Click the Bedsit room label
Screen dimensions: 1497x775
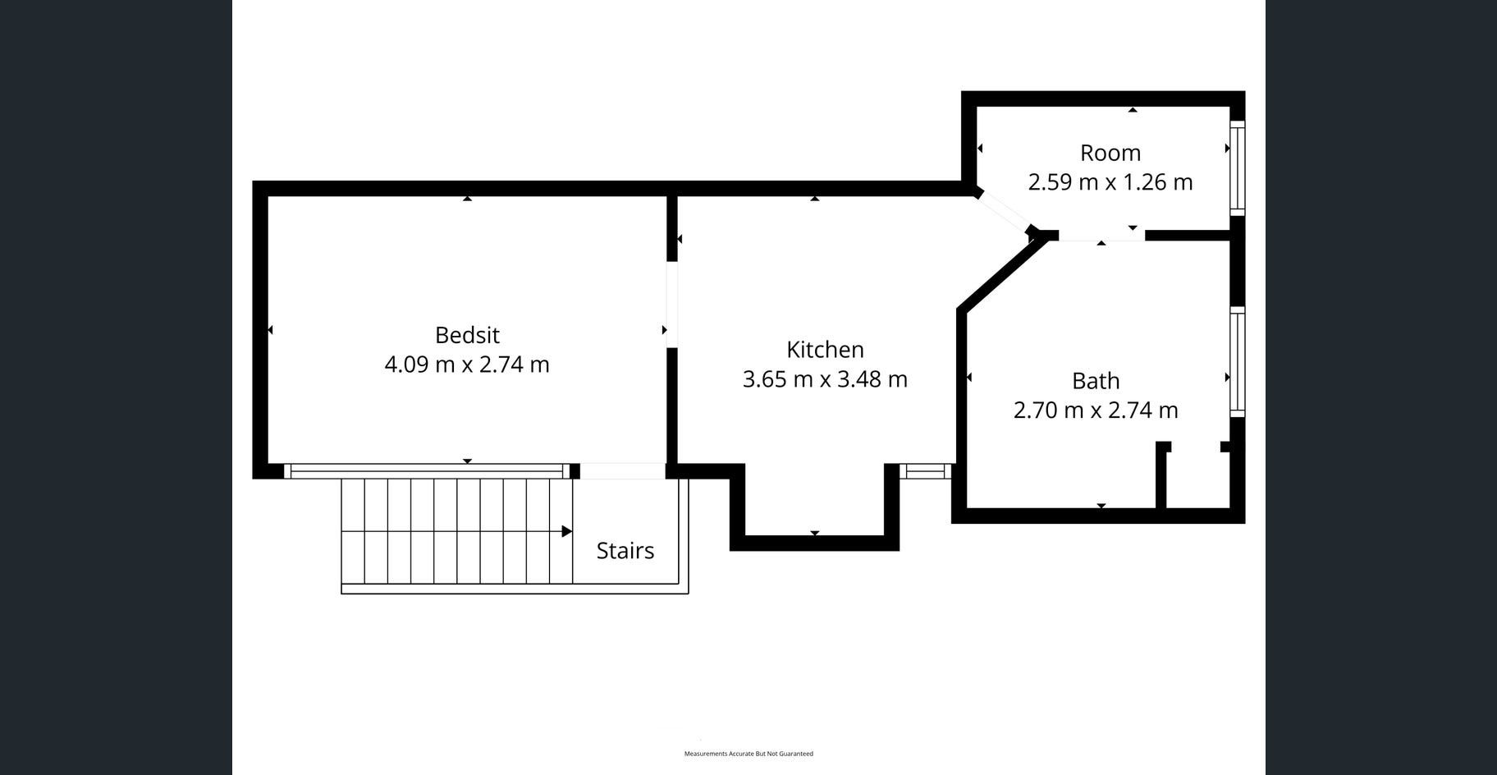(467, 335)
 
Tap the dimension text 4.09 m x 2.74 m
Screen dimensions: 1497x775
(467, 365)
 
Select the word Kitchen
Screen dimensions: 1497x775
(825, 350)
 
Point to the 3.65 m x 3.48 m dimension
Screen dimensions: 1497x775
(825, 379)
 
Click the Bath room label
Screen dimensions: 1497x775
(1096, 381)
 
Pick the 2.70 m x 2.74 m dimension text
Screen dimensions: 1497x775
(1096, 410)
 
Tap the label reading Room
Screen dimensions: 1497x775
(1110, 153)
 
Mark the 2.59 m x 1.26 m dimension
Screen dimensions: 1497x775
(1110, 181)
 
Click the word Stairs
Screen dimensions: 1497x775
(625, 551)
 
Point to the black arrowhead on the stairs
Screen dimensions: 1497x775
(567, 531)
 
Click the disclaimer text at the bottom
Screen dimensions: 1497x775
(748, 754)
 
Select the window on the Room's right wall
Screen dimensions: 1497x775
(1238, 168)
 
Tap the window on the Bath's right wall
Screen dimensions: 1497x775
(1238, 362)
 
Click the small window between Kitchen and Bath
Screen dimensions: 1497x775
(926, 471)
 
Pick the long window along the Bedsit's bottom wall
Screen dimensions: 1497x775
(427, 471)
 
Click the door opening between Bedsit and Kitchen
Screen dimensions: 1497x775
(671, 305)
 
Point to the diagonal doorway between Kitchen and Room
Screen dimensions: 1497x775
(1004, 211)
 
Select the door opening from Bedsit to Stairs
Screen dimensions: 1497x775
(622, 471)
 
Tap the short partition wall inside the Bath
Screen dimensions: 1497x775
(1162, 475)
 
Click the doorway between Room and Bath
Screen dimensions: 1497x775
(1101, 236)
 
